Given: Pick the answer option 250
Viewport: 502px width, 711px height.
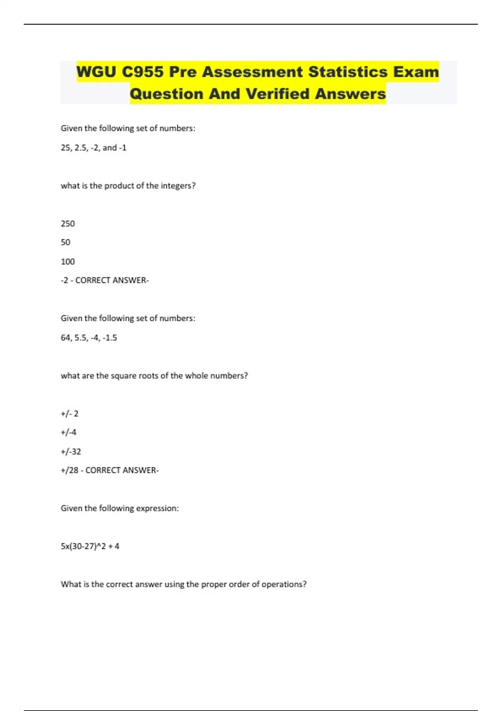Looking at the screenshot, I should click(68, 224).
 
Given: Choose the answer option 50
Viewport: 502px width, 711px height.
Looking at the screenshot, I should click(66, 242).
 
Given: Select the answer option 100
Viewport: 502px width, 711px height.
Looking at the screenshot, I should click(68, 261).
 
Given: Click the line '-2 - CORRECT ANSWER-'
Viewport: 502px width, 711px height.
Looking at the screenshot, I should click(105, 280).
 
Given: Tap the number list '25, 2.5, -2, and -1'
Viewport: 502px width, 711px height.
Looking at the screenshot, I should click(93, 148).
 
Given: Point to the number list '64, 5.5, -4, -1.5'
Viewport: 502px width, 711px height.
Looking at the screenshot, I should click(89, 338).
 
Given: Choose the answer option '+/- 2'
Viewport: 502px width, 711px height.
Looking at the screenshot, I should click(69, 414).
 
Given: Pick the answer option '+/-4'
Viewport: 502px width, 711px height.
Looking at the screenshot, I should click(69, 432).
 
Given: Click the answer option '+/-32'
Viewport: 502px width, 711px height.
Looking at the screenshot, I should click(71, 451).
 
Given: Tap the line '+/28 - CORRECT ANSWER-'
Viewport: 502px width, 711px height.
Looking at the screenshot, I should click(110, 470).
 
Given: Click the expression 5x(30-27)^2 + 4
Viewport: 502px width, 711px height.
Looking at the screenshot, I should click(90, 546).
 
